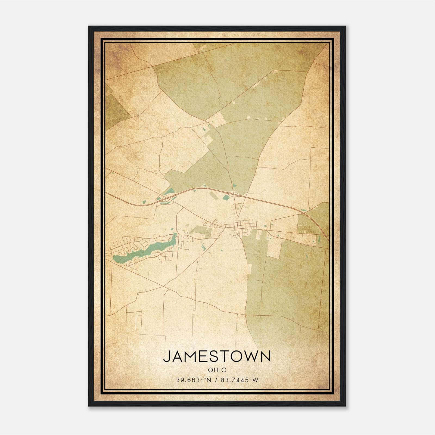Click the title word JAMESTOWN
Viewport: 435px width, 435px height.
pyautogui.click(x=217, y=356)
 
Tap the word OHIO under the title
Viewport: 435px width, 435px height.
pyautogui.click(x=217, y=370)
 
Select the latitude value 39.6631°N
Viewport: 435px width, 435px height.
pyautogui.click(x=194, y=380)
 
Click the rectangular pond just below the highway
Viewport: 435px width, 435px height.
pyautogui.click(x=226, y=197)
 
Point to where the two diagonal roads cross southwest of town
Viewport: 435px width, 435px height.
pyautogui.click(x=163, y=286)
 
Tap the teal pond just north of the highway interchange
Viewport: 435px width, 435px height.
pyautogui.click(x=169, y=191)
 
